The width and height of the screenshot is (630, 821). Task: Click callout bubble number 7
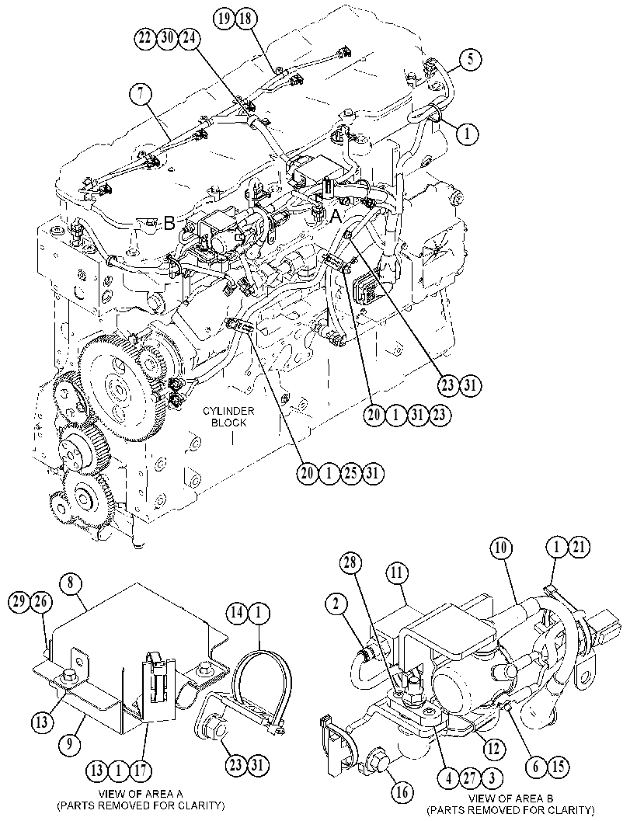point(141,94)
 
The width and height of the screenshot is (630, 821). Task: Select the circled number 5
point(471,59)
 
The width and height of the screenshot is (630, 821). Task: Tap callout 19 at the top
point(223,19)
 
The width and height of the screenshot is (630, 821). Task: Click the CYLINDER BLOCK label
point(228,416)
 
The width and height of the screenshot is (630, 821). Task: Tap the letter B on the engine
point(169,224)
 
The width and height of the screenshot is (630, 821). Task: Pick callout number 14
point(237,611)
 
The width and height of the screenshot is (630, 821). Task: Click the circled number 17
point(141,771)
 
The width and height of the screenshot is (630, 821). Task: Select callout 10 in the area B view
point(500,548)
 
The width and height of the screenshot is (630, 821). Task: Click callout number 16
point(402,791)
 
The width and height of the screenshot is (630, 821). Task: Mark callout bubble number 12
point(493,749)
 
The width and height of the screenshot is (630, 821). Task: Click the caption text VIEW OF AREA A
point(141,794)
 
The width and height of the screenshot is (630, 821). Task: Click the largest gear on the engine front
point(120,388)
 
